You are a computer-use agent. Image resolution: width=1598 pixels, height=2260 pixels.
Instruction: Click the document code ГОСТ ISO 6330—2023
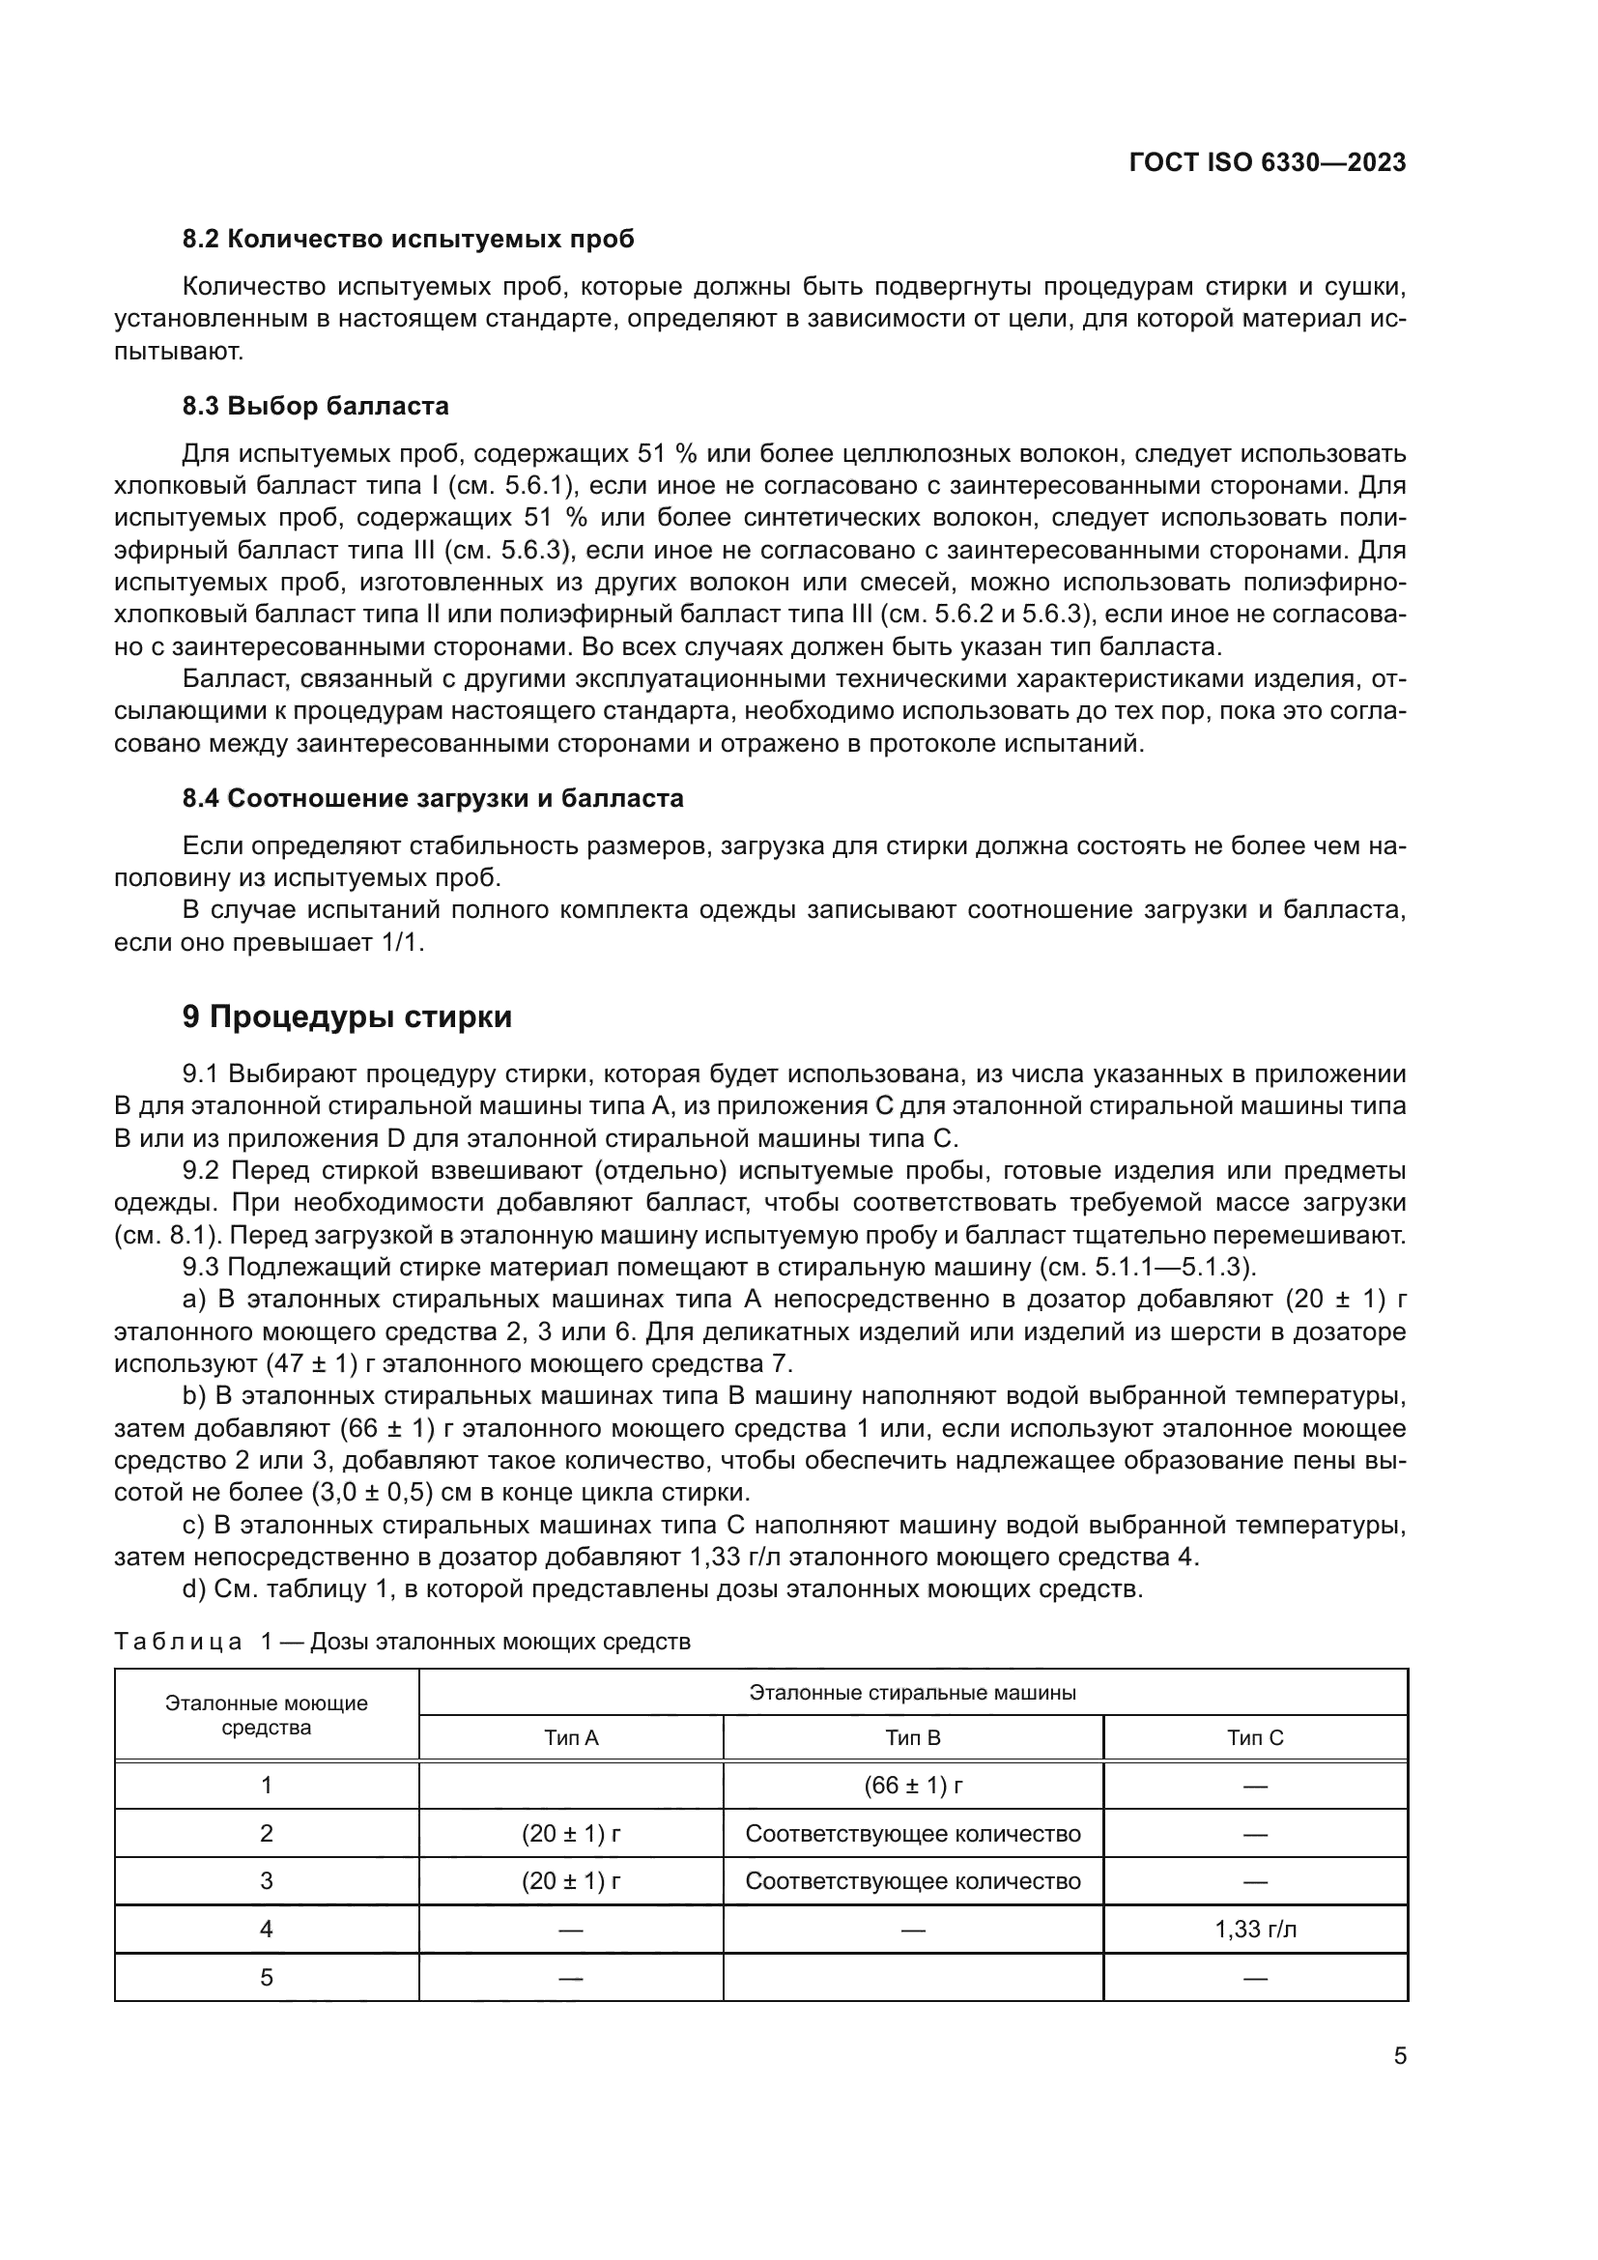click(1268, 162)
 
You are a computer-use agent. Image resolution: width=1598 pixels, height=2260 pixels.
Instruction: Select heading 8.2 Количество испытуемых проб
click(409, 240)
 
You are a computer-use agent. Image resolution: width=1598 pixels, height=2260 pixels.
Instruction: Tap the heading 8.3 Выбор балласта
click(315, 406)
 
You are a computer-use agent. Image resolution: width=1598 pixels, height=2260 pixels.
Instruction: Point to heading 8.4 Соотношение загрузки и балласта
click(433, 798)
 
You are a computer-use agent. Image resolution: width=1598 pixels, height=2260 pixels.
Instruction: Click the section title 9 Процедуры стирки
click(347, 1016)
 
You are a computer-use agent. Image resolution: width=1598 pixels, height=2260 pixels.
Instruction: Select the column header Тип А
click(571, 1738)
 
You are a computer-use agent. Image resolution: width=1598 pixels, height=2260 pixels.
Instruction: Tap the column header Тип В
click(912, 1738)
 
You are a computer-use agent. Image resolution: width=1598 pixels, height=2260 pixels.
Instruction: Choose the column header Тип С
click(1255, 1738)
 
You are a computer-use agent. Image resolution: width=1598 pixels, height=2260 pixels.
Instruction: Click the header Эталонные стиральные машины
click(912, 1693)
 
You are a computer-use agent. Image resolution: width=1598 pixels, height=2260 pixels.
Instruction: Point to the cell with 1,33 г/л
click(1255, 1930)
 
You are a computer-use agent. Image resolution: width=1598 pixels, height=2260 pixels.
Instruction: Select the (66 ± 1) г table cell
click(912, 1786)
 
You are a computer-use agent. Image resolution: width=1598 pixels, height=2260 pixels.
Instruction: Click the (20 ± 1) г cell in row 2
click(571, 1834)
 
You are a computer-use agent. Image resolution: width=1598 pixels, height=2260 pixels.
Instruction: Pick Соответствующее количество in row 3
click(912, 1881)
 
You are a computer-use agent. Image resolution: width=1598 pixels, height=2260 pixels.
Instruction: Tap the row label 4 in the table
click(266, 1930)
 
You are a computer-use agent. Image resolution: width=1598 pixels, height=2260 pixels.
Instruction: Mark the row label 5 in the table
click(266, 1978)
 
